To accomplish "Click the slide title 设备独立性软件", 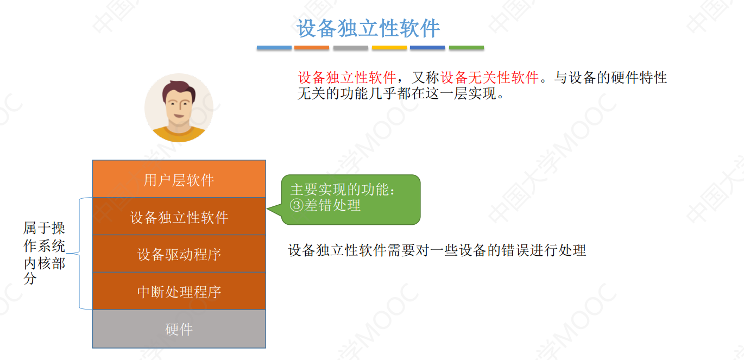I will tap(368, 29).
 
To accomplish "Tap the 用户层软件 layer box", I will tap(179, 180).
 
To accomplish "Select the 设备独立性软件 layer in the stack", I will tap(179, 217).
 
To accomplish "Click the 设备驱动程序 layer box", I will tap(179, 254).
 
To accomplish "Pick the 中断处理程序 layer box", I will tap(179, 292).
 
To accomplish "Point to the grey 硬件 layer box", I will tap(179, 329).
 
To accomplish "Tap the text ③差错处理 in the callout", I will tap(326, 205).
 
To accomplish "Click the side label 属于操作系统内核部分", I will tap(44, 253).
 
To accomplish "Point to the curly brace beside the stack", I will tap(81, 253).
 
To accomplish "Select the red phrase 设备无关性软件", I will tap(489, 78).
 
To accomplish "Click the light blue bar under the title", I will tap(274, 48).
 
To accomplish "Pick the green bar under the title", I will tap(466, 48).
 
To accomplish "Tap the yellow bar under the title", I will tap(389, 48).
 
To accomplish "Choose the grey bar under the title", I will tap(351, 48).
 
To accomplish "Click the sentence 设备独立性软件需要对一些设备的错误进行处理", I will tap(437, 251).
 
